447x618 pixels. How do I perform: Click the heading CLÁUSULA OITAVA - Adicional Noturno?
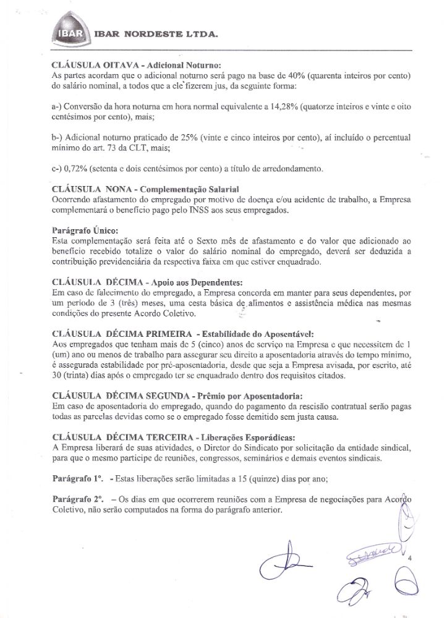pos(137,64)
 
